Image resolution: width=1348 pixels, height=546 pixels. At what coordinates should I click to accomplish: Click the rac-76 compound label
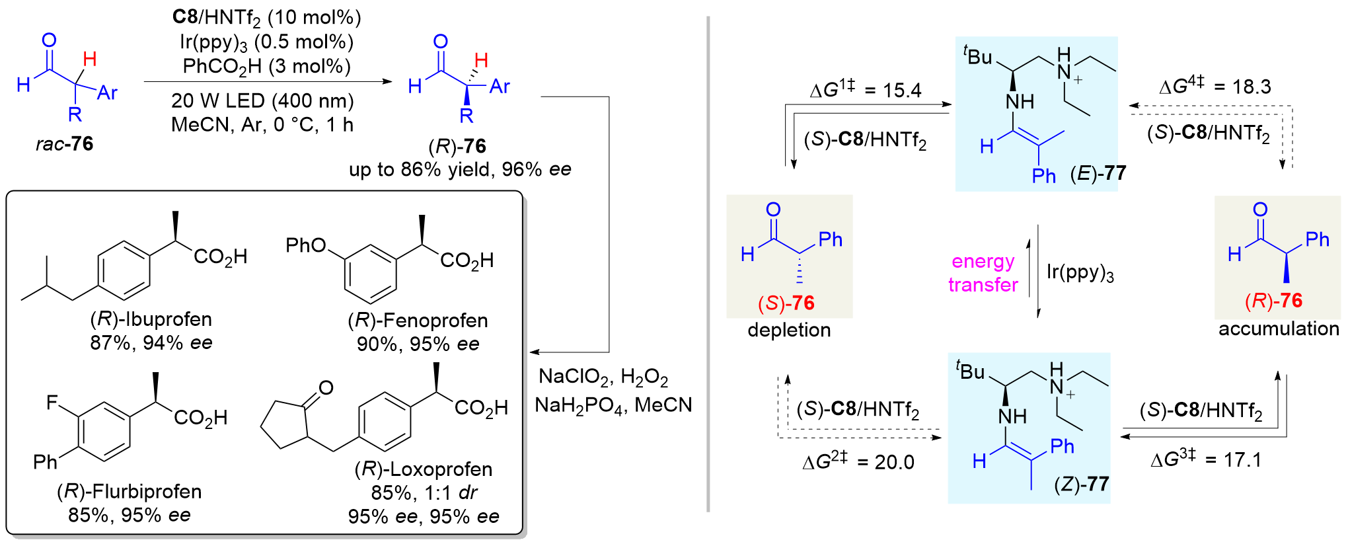tap(64, 143)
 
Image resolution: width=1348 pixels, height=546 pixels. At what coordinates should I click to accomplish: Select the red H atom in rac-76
tap(90, 59)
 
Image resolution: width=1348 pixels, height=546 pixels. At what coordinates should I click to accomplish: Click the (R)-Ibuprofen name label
tap(151, 319)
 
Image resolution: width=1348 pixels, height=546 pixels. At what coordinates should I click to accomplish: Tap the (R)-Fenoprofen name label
tap(418, 321)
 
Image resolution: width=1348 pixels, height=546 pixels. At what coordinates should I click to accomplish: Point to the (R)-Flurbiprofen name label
tap(130, 491)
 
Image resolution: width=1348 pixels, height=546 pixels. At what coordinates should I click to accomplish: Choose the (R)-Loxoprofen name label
tap(424, 469)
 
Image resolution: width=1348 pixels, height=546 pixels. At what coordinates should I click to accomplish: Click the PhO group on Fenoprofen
tap(305, 245)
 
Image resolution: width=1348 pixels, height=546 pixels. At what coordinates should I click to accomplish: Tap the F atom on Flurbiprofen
tap(52, 402)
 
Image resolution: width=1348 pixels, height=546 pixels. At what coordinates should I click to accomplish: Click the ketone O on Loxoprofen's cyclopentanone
tap(326, 387)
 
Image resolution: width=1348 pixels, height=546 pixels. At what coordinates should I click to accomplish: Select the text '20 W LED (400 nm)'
tap(262, 100)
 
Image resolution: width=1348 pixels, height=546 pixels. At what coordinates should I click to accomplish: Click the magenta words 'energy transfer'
tap(983, 273)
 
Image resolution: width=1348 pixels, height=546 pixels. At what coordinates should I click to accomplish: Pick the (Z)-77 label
tap(1081, 484)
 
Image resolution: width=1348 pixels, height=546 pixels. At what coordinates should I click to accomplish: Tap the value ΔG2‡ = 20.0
tap(858, 461)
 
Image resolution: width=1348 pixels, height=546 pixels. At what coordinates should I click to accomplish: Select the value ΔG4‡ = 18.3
tap(1215, 86)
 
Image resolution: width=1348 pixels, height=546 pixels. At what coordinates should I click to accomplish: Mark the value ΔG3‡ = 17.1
tap(1205, 459)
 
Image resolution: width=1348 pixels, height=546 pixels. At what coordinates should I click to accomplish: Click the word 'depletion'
tap(789, 330)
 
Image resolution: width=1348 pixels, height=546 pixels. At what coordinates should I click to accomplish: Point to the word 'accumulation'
tap(1278, 329)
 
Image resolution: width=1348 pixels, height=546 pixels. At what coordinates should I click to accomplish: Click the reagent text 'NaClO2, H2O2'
tap(603, 377)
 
